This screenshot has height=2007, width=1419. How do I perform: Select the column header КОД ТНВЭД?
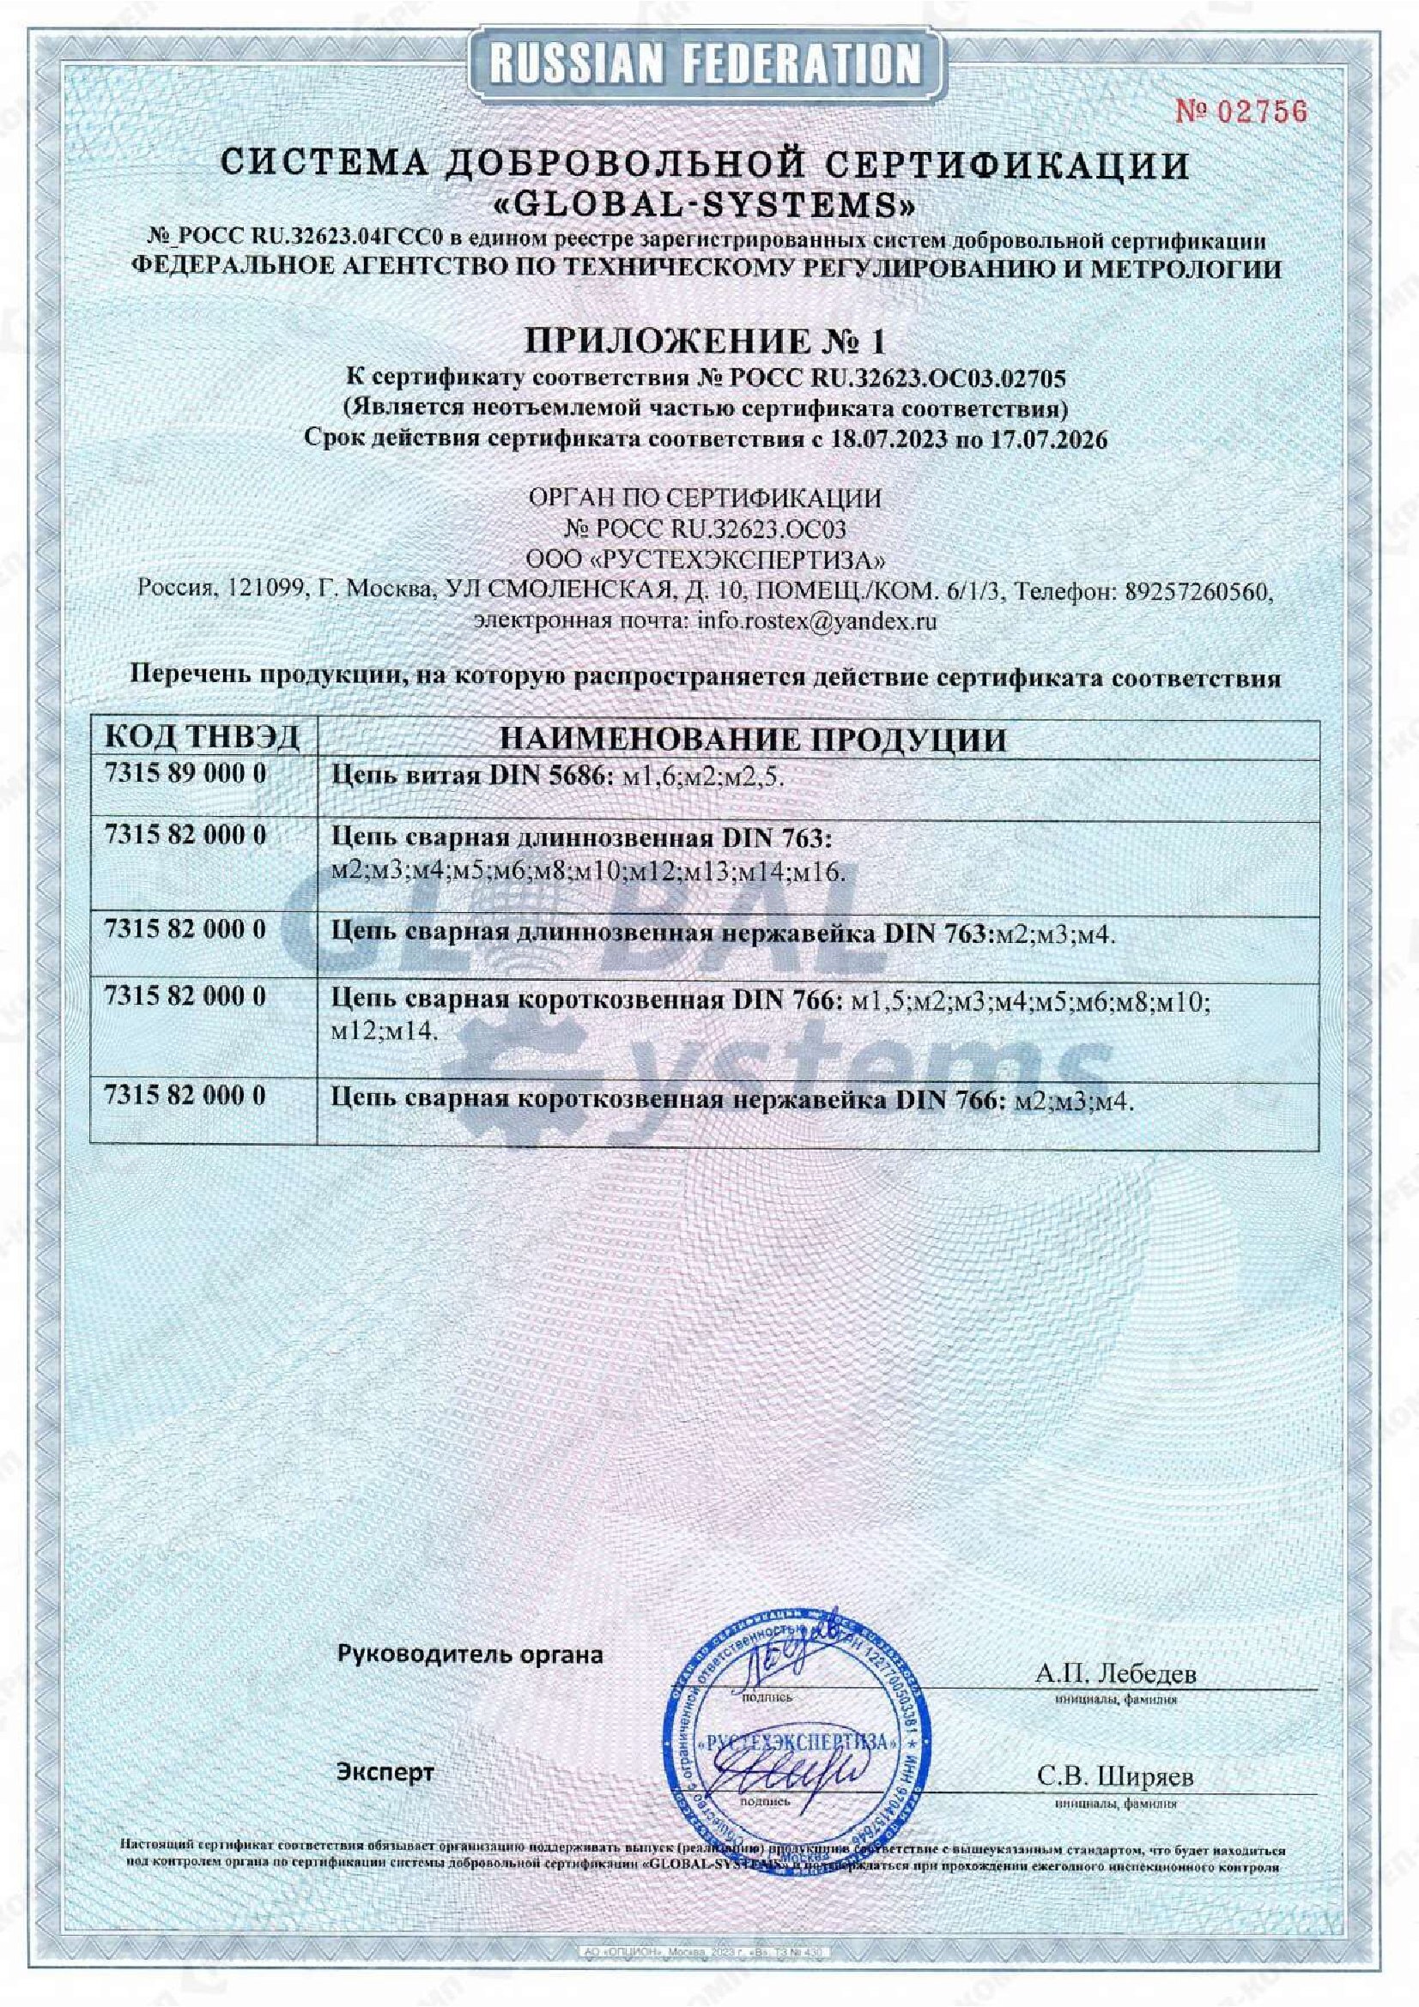[202, 739]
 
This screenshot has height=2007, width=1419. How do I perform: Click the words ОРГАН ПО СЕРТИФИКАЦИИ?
[705, 499]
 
